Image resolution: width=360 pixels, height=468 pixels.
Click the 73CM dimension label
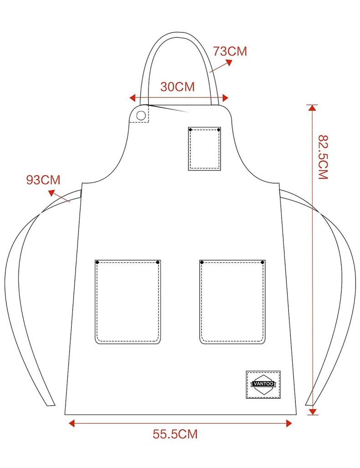coord(230,51)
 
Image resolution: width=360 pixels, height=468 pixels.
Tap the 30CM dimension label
coord(177,87)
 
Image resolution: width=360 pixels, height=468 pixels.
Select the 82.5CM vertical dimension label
coord(323,157)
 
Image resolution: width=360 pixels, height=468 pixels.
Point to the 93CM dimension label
coord(43,180)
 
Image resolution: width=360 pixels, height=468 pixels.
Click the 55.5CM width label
coord(175,434)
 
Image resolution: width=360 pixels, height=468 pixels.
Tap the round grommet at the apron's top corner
coord(141,115)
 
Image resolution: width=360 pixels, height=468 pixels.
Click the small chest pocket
coord(205,149)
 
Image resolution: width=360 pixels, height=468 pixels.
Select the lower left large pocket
coord(128,302)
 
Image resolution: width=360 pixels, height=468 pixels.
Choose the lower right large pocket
coord(232,302)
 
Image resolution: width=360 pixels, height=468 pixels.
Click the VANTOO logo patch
coord(263,385)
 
